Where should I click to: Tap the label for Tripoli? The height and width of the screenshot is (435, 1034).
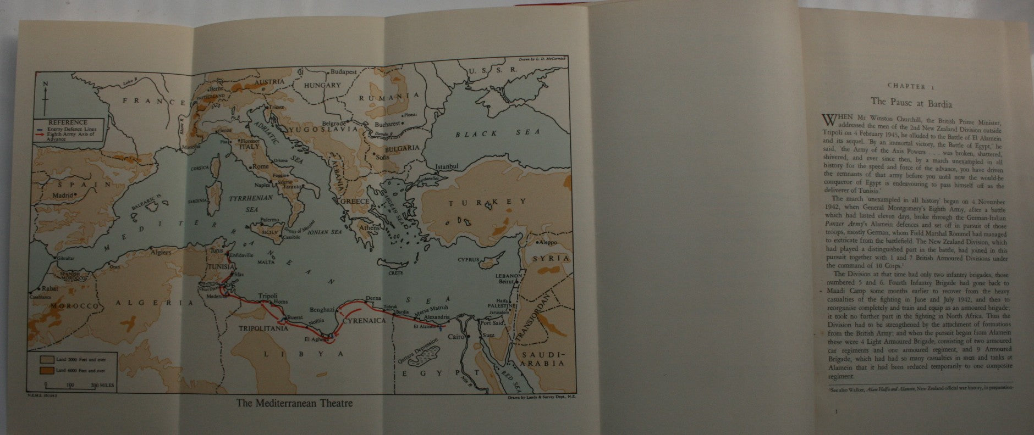[x=268, y=294]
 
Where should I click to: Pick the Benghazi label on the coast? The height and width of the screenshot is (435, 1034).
[x=322, y=310]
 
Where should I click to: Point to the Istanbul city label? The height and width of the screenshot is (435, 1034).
[x=446, y=166]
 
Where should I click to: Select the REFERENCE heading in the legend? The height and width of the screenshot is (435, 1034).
[x=68, y=122]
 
